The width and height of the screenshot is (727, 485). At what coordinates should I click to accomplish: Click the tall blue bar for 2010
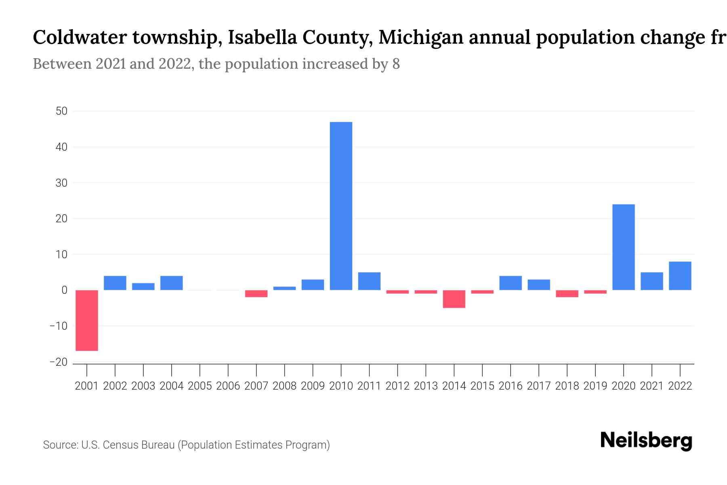[341, 206]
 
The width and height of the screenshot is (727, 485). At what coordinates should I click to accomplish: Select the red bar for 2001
[87, 320]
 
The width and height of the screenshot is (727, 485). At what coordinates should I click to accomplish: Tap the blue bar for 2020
[623, 247]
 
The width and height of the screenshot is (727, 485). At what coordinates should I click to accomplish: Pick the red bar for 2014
[454, 299]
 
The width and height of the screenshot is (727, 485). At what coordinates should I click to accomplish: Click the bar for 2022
[680, 276]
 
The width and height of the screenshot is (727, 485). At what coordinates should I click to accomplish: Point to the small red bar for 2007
[256, 294]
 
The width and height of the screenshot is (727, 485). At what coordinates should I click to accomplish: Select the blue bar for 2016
[511, 283]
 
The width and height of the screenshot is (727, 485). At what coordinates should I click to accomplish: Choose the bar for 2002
[115, 283]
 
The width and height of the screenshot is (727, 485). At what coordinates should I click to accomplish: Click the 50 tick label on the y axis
[61, 111]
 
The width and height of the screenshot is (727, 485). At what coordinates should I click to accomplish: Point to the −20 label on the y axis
[59, 362]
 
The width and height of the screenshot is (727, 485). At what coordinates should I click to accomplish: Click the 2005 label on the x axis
[200, 386]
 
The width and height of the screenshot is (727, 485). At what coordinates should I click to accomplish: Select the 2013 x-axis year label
[426, 386]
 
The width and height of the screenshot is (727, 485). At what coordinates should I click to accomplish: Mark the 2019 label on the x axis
[595, 386]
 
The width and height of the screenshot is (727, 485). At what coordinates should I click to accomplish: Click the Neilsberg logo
[646, 441]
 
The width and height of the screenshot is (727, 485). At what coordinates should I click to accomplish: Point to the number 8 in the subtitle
[396, 64]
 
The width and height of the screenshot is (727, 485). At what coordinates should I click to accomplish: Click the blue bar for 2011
[369, 281]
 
